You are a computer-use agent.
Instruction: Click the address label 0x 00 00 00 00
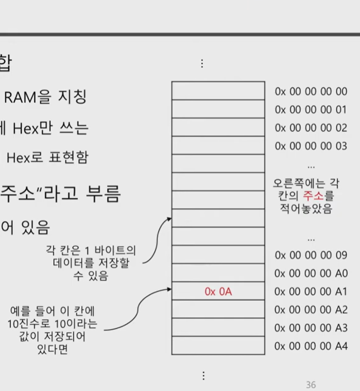click(311, 91)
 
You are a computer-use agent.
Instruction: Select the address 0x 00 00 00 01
click(311, 110)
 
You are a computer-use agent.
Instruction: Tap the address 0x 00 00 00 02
click(311, 128)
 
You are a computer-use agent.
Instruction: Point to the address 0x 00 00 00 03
click(311, 146)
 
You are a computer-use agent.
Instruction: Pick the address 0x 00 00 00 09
click(311, 255)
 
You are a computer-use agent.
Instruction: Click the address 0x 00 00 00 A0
click(311, 274)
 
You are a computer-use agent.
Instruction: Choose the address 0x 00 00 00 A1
click(311, 292)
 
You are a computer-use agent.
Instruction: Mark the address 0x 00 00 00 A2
click(311, 310)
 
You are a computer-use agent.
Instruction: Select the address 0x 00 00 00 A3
click(311, 328)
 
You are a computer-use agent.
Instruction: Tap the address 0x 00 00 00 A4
click(311, 346)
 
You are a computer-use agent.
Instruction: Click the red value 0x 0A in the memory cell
click(218, 292)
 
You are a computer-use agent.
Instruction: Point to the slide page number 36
click(311, 385)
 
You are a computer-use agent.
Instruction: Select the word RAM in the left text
click(19, 97)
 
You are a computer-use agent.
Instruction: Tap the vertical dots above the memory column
click(202, 63)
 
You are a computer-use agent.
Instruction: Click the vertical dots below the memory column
click(203, 375)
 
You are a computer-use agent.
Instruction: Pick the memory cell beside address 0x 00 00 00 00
click(218, 91)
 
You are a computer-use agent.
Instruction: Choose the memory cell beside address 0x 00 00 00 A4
click(218, 345)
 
